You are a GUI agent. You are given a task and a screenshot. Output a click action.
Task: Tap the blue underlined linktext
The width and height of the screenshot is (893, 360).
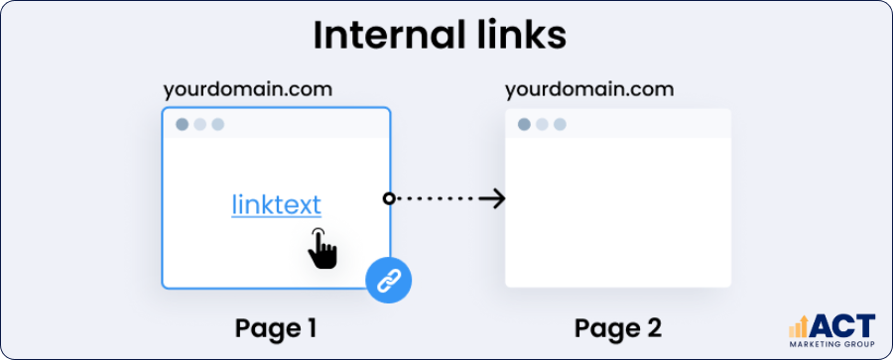coord(277,205)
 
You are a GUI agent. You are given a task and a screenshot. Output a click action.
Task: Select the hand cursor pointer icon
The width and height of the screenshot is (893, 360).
coord(321,248)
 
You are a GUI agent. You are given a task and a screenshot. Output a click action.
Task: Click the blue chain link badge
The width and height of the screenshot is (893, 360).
coord(389,280)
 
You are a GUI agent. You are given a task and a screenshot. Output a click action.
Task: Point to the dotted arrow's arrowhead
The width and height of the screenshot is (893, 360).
coord(496,199)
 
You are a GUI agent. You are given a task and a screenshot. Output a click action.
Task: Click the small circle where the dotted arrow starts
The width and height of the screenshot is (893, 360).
coord(389,199)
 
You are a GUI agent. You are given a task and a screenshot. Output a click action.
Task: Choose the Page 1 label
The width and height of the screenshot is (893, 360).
coord(277,328)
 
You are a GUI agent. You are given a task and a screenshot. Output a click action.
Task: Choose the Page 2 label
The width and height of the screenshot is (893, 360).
coord(618,328)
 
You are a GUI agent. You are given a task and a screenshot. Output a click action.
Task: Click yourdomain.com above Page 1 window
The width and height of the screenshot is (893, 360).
coord(248,89)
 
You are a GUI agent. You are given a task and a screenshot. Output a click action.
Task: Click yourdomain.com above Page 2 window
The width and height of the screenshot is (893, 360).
coord(589,89)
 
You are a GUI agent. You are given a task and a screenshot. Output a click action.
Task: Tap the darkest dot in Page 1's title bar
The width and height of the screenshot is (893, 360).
coord(183,125)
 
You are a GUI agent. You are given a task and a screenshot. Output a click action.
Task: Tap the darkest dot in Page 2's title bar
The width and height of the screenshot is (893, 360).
coord(524,125)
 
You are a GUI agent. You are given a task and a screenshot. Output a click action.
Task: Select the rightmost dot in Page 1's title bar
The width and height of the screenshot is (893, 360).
coord(218,125)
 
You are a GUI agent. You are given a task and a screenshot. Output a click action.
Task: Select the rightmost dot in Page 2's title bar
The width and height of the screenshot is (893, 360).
coord(560,125)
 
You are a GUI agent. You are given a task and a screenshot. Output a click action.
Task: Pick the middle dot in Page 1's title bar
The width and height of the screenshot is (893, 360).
coord(200,125)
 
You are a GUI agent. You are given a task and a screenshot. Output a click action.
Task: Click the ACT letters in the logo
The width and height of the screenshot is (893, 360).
coord(843,326)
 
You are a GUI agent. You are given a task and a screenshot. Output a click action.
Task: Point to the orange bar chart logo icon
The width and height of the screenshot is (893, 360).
coord(800,328)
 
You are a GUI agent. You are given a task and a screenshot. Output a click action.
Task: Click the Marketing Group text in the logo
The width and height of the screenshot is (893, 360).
coord(832,344)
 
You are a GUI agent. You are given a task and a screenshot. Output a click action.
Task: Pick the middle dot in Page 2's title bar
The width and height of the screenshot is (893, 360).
coord(542,125)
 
